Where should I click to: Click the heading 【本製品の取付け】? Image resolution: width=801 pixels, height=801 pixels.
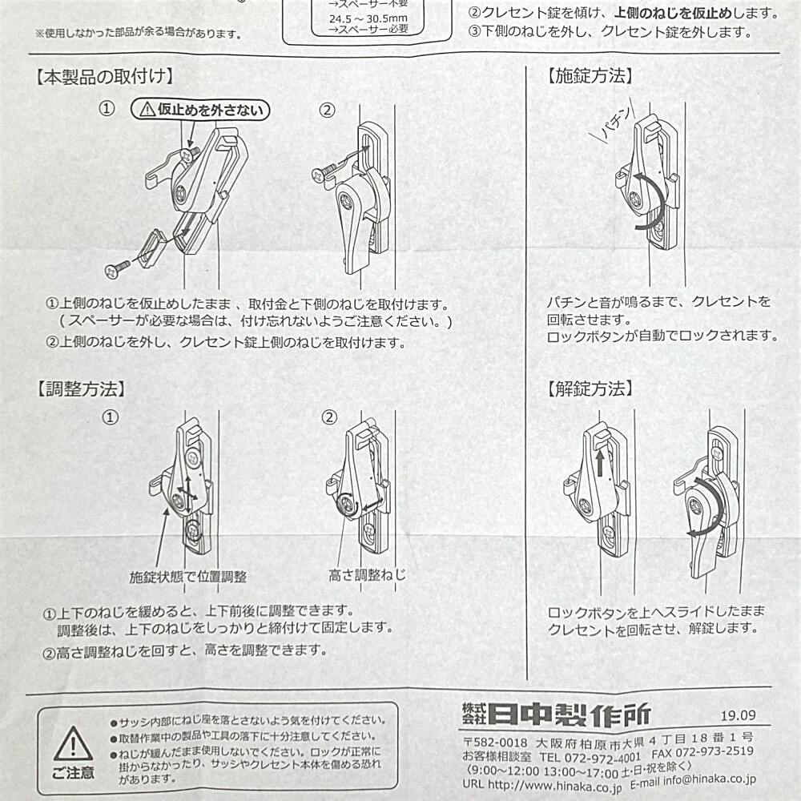(x=104, y=77)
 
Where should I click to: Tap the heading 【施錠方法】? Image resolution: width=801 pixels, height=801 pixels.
(x=590, y=76)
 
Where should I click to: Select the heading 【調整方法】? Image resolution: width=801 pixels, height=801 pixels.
(x=81, y=388)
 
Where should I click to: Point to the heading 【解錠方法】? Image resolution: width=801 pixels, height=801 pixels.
(x=590, y=388)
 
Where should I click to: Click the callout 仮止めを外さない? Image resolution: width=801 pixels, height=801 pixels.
(x=200, y=109)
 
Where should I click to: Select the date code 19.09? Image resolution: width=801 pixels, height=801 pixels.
(x=739, y=715)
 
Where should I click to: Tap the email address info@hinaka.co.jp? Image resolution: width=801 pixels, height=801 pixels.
(x=710, y=779)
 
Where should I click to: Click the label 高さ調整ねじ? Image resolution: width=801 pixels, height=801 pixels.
(x=367, y=575)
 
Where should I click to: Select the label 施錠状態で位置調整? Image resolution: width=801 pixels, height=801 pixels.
(x=188, y=578)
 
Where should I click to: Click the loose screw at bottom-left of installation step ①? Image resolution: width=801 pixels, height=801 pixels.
(x=118, y=268)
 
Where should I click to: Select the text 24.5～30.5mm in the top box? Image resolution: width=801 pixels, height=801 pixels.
(x=368, y=19)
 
